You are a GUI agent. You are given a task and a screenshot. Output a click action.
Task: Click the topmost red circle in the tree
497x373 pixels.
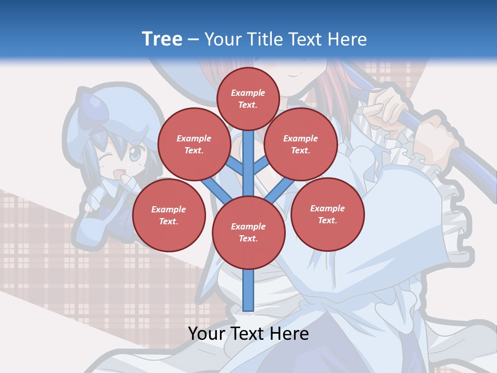pyautogui.click(x=248, y=98)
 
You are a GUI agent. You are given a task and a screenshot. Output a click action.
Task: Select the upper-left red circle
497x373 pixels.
pyautogui.click(x=194, y=144)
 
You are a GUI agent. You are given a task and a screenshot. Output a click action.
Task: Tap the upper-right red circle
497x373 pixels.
pyautogui.click(x=301, y=144)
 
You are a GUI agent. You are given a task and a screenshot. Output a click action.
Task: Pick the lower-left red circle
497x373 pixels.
pyautogui.click(x=169, y=215)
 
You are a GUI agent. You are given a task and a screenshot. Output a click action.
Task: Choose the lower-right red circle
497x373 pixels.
pyautogui.click(x=327, y=214)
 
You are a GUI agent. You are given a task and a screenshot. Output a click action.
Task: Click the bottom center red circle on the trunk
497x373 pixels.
pyautogui.click(x=248, y=232)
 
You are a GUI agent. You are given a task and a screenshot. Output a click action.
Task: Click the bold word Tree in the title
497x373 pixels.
pyautogui.click(x=162, y=39)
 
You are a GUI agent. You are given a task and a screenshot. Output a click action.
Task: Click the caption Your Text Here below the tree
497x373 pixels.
pyautogui.click(x=248, y=334)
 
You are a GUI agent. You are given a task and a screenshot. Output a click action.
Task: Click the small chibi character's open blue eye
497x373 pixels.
pyautogui.click(x=135, y=154)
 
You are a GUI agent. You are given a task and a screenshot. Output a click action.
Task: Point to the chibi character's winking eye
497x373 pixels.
pyautogui.click(x=107, y=157)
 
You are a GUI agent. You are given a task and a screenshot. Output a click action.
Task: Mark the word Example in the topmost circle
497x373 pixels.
pyautogui.click(x=248, y=93)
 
